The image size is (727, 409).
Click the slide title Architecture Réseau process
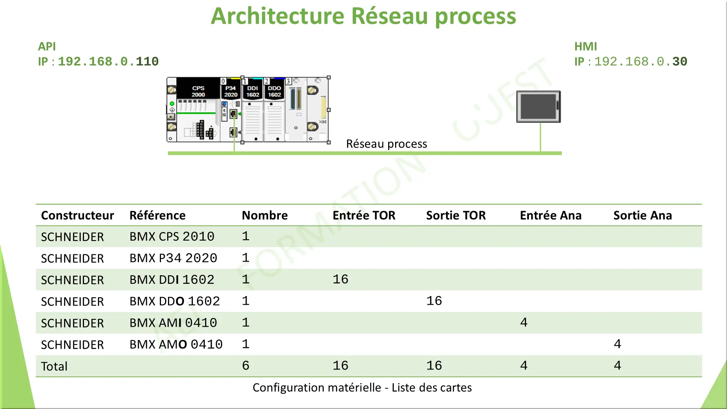pos(363,16)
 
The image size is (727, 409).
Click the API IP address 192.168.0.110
pos(108,62)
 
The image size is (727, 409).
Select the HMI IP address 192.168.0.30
pos(641,62)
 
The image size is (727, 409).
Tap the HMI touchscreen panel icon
pos(538,106)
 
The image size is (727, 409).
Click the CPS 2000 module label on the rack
pos(198,91)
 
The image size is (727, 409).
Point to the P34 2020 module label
pos(231,91)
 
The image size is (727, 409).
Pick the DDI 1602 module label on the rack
pos(253,91)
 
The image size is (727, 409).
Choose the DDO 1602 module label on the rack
pos(274,91)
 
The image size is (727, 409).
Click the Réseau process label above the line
pos(387,144)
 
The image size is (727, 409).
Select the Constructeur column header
pos(77,215)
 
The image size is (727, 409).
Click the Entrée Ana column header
pos(551,215)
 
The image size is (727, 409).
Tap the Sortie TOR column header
pos(456,215)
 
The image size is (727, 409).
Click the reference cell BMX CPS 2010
pos(172,237)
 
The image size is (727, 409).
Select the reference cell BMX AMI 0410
pos(173,323)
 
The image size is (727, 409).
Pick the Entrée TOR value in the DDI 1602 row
pos(340,279)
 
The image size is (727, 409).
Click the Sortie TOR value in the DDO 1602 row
pos(434,301)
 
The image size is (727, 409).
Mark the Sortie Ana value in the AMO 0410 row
pos(617,344)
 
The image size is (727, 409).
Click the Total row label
pos(54,366)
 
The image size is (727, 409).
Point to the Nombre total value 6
pos(245,366)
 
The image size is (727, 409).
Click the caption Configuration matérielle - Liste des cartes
pos(362,387)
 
